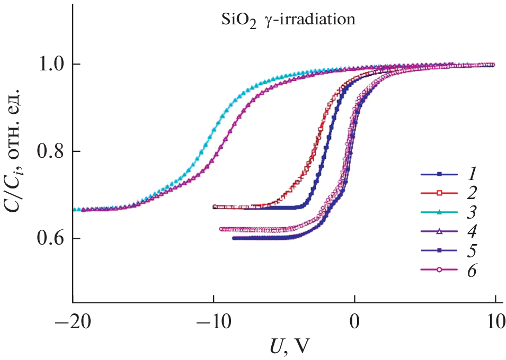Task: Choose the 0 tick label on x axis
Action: point(354,323)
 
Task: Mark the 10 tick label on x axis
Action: point(495,323)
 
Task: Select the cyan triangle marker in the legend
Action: point(439,213)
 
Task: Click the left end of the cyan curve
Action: point(75,210)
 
